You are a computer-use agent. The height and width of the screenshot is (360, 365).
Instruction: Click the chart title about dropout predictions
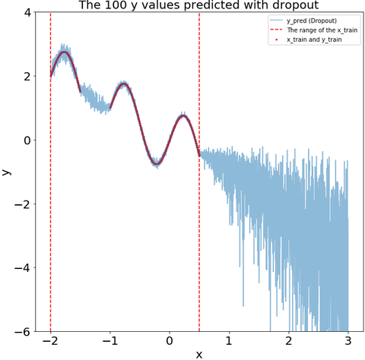click(199, 5)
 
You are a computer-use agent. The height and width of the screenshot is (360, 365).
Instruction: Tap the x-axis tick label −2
click(50, 341)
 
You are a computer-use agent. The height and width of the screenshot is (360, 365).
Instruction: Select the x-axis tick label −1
click(110, 341)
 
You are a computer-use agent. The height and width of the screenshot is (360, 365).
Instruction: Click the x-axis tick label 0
click(170, 341)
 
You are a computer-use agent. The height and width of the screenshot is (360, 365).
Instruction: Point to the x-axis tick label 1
click(229, 341)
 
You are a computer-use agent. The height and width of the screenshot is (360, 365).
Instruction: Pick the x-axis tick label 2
click(289, 341)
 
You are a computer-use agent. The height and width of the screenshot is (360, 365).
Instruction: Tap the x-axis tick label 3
click(348, 341)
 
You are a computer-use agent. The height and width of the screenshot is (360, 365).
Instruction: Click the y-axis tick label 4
click(27, 12)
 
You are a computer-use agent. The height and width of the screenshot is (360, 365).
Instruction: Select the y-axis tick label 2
click(27, 76)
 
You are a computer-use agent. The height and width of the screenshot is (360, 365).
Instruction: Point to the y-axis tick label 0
click(27, 140)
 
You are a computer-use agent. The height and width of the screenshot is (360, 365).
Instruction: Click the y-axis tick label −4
click(23, 267)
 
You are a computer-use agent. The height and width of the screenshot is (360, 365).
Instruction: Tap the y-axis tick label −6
click(23, 331)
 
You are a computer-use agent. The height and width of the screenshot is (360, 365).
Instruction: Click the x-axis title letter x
click(199, 355)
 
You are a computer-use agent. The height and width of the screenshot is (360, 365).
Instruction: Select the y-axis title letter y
click(6, 172)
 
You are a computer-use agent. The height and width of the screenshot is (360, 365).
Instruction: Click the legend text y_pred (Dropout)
click(312, 21)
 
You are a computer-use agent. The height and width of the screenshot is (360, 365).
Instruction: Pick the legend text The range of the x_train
click(322, 30)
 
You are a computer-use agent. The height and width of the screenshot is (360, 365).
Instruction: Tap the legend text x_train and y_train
click(314, 39)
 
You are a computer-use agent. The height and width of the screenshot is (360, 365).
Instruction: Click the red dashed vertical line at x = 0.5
click(199, 172)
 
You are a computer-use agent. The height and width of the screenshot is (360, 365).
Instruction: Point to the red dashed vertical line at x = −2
click(50, 172)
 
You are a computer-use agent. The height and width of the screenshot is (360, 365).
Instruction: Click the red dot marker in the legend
click(276, 39)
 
